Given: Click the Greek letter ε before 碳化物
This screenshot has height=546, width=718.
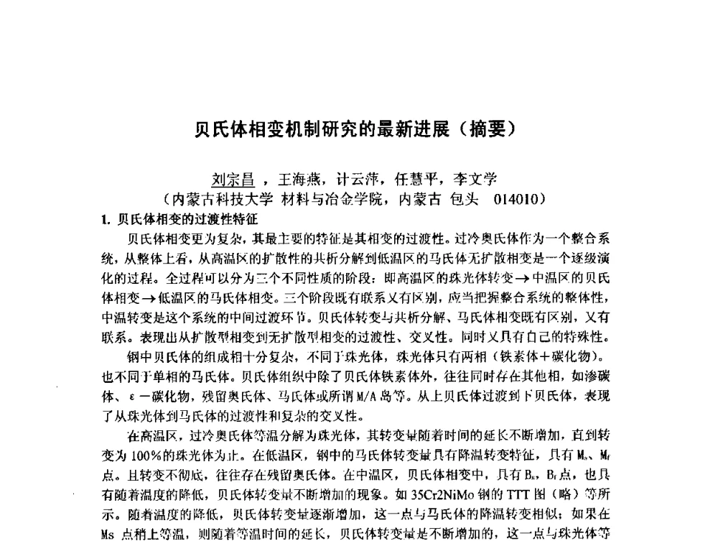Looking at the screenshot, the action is (x=138, y=395).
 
